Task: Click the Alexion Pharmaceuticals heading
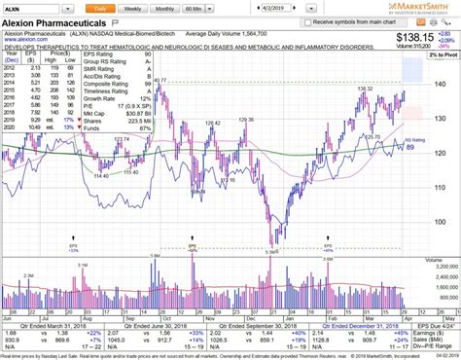click(x=58, y=21)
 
